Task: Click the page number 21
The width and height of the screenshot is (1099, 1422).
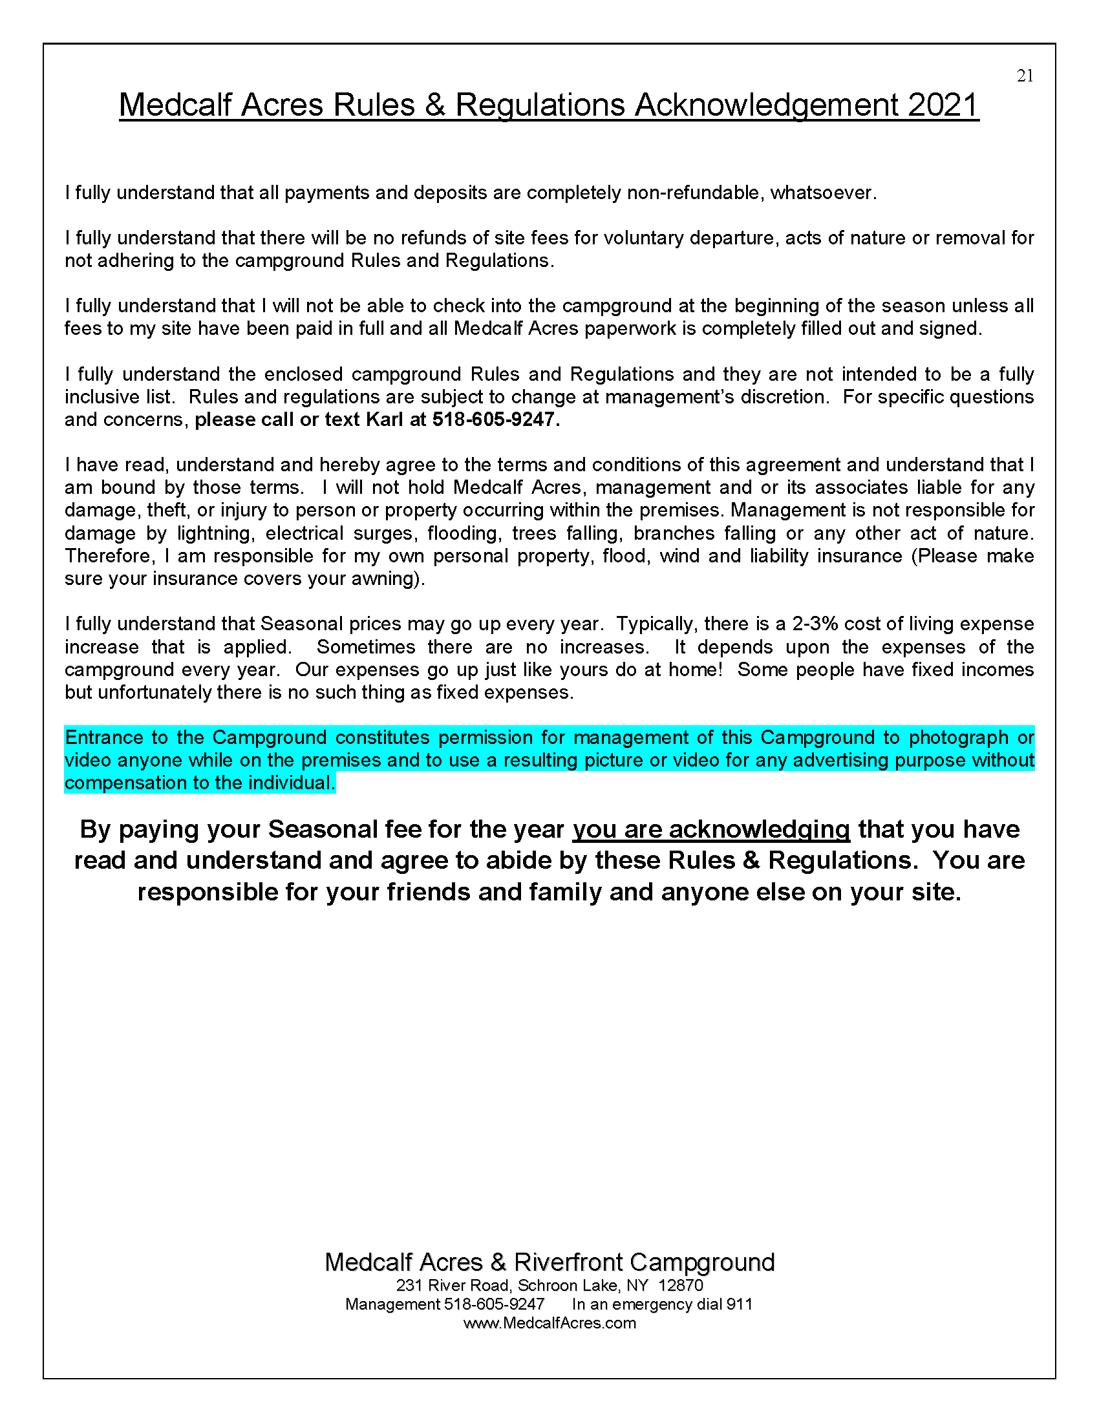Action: (1025, 76)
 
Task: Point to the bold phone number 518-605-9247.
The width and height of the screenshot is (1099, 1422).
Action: (493, 419)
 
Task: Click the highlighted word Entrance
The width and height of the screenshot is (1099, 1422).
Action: (104, 738)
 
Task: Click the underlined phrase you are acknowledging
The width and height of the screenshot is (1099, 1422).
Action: (711, 829)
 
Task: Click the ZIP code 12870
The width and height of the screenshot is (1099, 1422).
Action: (680, 1285)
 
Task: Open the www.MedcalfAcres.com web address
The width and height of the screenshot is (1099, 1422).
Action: (549, 1322)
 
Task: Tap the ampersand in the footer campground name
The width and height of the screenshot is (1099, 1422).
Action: (498, 1262)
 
